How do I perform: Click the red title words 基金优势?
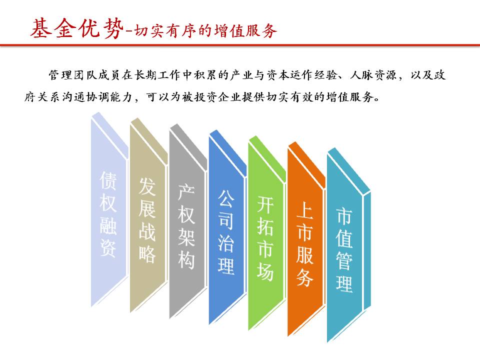76,28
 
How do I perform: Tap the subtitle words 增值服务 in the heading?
246,30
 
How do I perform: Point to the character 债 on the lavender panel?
108,180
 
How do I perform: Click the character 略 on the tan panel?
147,254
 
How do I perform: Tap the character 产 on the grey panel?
186,191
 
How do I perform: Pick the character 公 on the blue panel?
226,198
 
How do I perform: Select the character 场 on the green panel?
265,272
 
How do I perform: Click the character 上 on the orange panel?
304,210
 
